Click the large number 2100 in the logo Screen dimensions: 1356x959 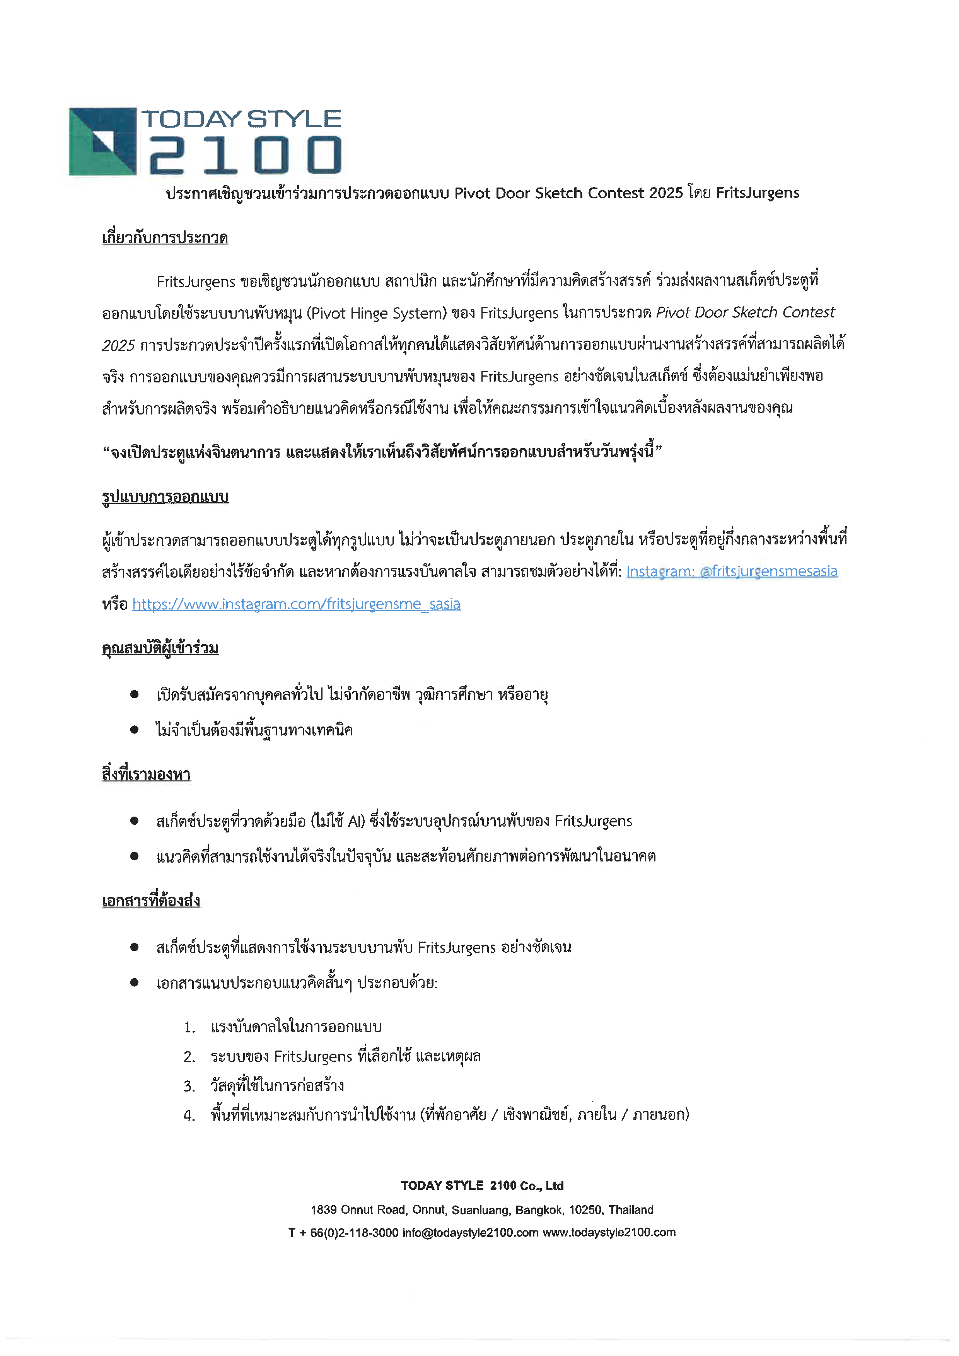tap(244, 155)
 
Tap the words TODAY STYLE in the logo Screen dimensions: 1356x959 tap(241, 119)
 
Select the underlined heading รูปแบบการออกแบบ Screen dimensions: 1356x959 tap(166, 497)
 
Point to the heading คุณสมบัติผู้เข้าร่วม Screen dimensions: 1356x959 tap(160, 648)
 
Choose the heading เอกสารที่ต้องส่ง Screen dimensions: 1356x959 tap(151, 901)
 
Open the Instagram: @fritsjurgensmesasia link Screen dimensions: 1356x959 tap(732, 571)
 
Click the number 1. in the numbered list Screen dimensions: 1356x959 tap(189, 1028)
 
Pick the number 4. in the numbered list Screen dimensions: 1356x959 tap(189, 1116)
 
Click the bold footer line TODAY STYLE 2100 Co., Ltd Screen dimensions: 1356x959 tap(482, 1185)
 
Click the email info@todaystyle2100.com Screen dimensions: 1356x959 tap(470, 1233)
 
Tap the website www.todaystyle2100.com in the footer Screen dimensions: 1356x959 tap(609, 1233)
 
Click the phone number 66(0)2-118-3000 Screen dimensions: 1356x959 tap(354, 1233)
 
